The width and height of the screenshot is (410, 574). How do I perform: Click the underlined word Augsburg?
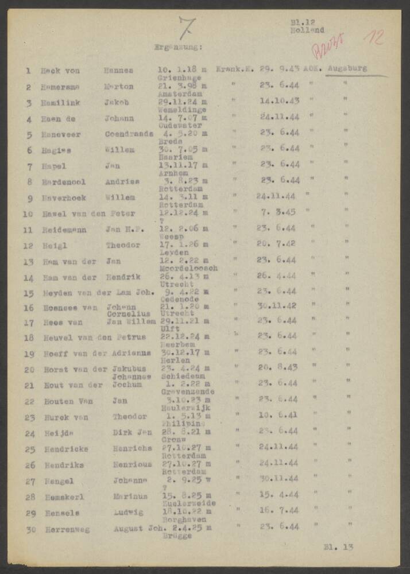347,70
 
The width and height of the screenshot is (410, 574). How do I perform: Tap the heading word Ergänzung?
178,47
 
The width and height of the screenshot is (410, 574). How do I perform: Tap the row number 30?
30,529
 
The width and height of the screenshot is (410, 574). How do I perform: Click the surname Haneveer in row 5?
60,134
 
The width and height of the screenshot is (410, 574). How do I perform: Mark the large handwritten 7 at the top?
187,26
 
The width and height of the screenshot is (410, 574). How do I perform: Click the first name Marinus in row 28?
130,497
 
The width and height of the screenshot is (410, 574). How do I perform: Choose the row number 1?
28,71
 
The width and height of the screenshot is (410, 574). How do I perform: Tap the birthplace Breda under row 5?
172,141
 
